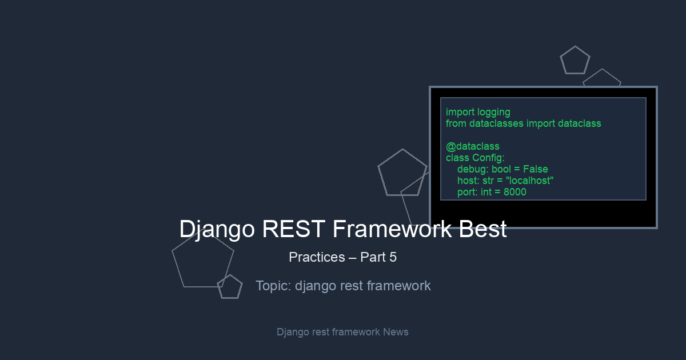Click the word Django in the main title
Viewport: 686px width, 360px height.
click(217, 230)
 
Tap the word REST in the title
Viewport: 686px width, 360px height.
click(293, 229)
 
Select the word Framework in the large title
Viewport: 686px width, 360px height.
click(392, 229)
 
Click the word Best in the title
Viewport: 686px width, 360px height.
click(482, 229)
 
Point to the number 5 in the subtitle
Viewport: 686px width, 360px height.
click(393, 257)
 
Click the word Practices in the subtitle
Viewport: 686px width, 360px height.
click(317, 257)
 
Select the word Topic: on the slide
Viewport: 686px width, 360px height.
click(273, 286)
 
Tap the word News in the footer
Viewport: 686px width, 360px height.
click(396, 332)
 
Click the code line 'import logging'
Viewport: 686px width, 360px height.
click(478, 113)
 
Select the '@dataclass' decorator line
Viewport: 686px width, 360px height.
click(473, 147)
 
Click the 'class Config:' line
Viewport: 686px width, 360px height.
click(475, 158)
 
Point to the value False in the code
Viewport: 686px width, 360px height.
click(535, 169)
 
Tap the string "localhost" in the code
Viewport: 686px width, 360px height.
click(530, 181)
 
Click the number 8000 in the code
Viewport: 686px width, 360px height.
click(515, 192)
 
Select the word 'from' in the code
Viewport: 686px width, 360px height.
click(456, 123)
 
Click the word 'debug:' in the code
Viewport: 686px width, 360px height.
click(473, 170)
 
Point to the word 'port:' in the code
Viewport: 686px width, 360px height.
click(468, 192)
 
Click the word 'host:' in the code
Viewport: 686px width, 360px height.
click(468, 181)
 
